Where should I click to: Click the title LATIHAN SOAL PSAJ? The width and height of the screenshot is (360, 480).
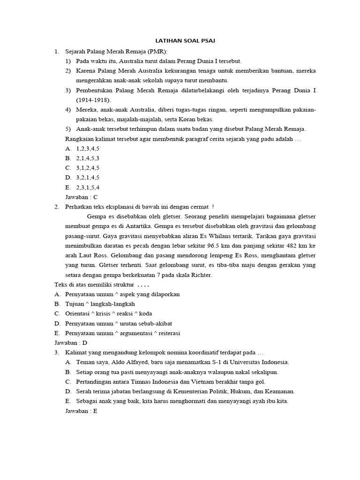point(186,41)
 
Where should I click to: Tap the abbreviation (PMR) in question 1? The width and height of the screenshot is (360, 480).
point(156,51)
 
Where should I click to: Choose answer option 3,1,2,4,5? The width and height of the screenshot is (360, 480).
point(88,168)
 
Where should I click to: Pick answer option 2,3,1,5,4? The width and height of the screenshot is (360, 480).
point(88,187)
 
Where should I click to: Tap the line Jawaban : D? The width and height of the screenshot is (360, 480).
point(71,343)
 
